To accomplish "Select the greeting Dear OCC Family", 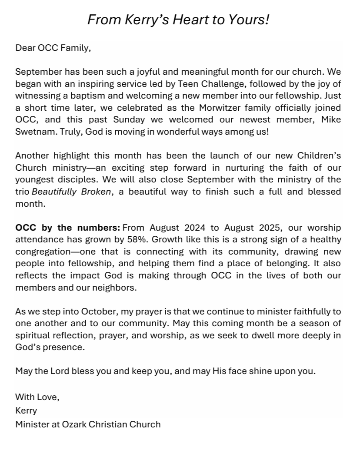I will pos(53,48).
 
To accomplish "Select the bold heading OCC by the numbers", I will pos(68,228).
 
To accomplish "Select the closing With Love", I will pos(37,397).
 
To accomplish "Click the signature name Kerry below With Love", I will pos(26,410).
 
